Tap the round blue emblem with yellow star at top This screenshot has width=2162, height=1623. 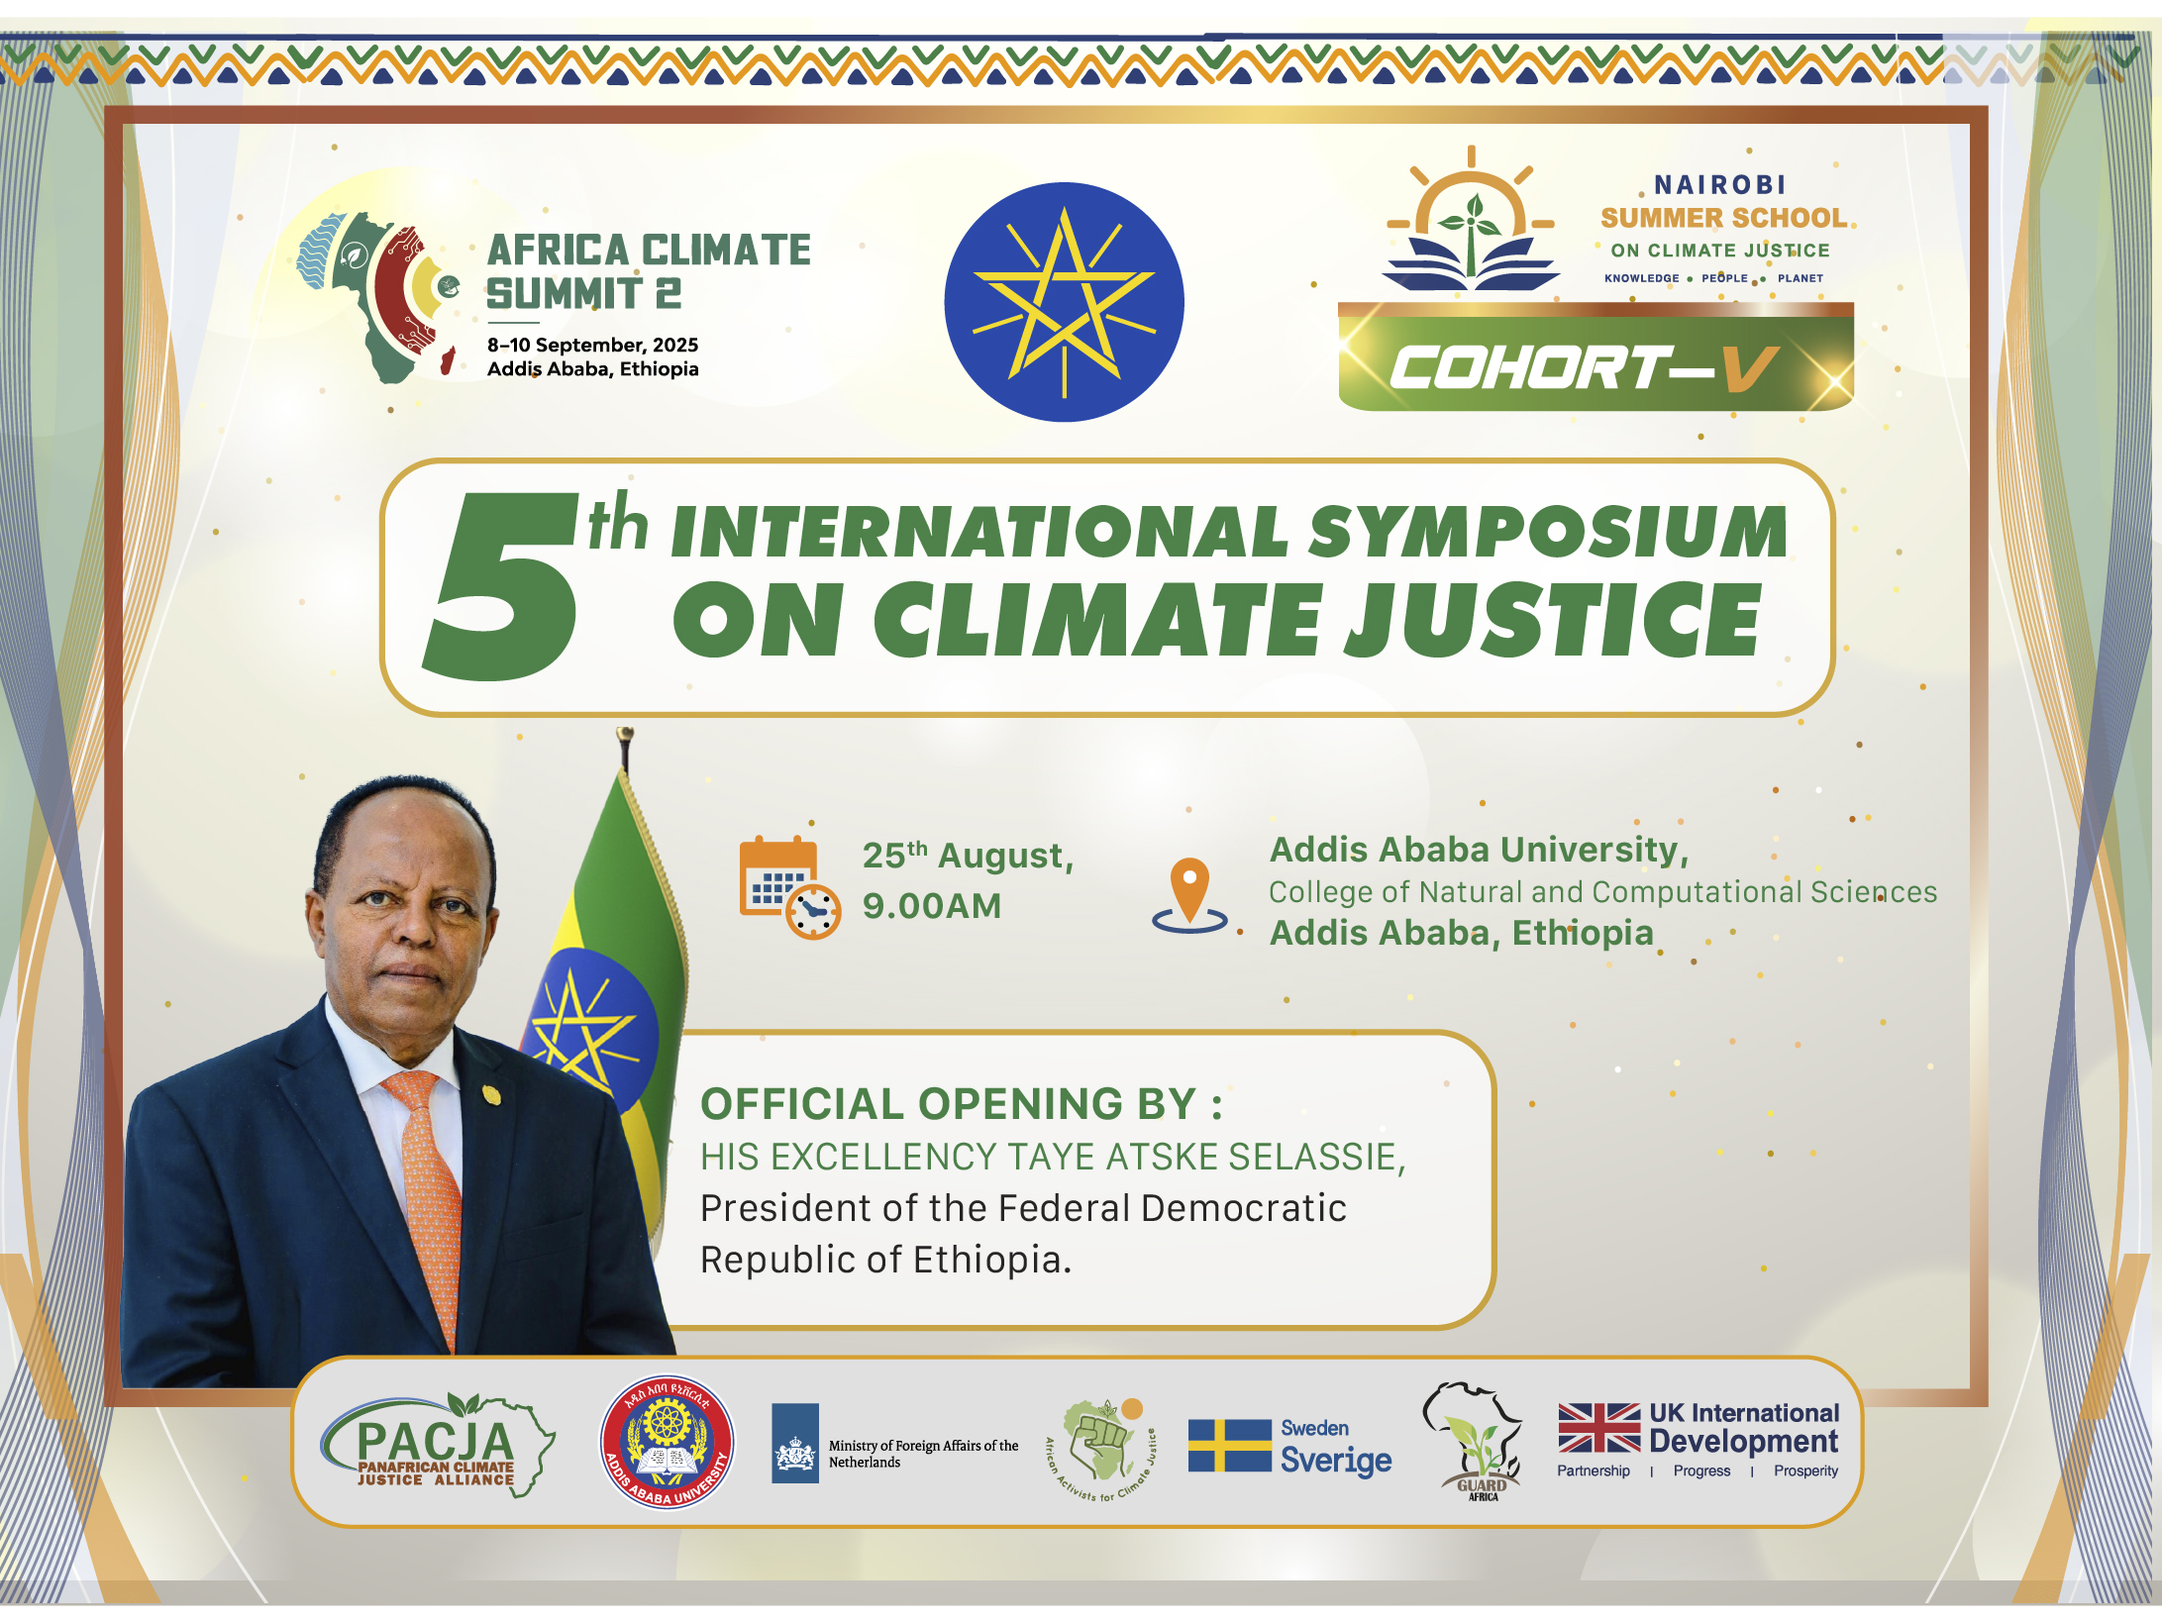point(1064,302)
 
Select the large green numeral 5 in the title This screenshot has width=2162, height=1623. point(501,586)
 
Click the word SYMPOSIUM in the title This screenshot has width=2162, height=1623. point(1548,532)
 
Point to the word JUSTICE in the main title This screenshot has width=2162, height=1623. point(1552,619)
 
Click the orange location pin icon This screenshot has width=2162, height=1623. point(1189,895)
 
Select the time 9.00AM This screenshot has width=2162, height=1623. point(932,906)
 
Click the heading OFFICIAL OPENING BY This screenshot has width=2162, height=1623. point(962,1104)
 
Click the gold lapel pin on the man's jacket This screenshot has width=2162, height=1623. point(491,1094)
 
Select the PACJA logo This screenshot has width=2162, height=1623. point(437,1445)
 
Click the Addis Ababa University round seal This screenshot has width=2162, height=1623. point(668,1443)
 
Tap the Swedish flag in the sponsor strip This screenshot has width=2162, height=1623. point(1230,1445)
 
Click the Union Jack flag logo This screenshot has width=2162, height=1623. point(1598,1428)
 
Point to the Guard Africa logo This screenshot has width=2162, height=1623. point(1474,1442)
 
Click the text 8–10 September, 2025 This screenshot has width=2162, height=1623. point(592,345)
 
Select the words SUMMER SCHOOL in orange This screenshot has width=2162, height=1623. point(1724,218)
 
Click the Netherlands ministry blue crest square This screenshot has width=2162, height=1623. point(795,1443)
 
